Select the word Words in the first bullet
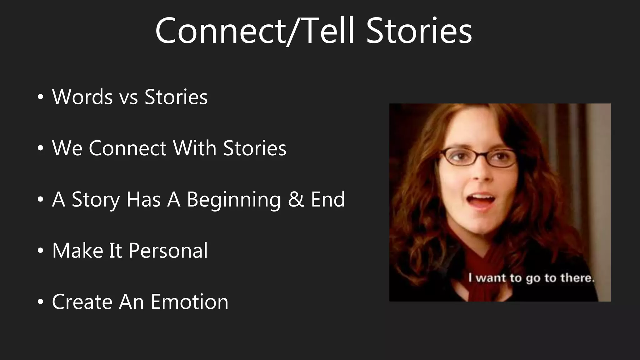pos(82,97)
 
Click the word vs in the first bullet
pos(128,97)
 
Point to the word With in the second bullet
pos(194,148)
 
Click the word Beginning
pos(234,199)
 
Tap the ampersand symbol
pos(296,199)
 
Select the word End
pos(328,199)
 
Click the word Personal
pos(168,251)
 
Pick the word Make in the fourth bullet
pos(77,251)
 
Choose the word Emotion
pos(190,302)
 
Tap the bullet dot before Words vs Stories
pos(40,98)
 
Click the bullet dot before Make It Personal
pos(40,251)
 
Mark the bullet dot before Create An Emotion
pos(40,302)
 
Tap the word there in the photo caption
pos(577,277)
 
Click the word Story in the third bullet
pos(96,199)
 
